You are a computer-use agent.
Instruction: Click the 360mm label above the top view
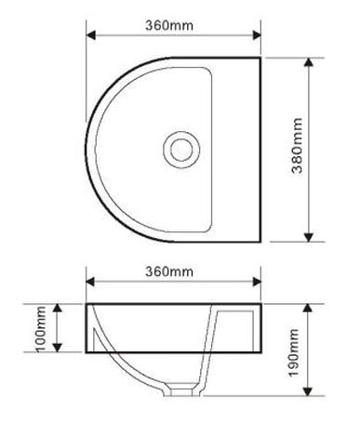point(169,25)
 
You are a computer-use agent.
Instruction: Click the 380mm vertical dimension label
point(297,145)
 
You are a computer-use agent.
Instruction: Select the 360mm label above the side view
point(169,271)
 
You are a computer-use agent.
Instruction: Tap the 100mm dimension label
point(41,329)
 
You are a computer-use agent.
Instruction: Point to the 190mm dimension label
point(294,353)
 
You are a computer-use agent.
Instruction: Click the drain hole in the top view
point(181,150)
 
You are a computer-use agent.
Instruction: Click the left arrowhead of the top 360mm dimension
point(91,35)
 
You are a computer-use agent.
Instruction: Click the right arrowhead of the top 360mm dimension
point(257,35)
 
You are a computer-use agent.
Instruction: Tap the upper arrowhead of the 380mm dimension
point(308,62)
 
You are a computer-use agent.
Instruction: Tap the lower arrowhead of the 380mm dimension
point(308,237)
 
